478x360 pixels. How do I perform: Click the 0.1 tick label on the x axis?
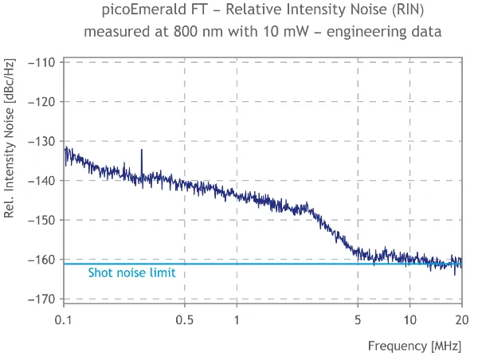65,319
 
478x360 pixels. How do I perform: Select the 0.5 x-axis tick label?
185,319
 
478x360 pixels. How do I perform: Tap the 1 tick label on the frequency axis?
237,319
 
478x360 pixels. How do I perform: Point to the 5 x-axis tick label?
358,319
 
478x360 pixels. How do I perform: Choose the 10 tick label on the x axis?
409,319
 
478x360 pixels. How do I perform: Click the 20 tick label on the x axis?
461,319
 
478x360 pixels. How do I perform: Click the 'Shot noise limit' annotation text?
131,272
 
